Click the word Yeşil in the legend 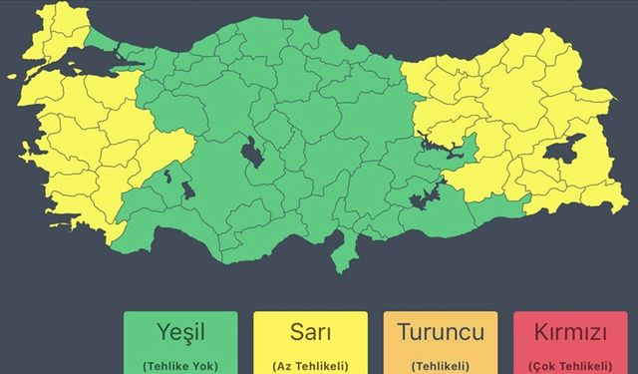coord(180,332)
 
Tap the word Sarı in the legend coord(310,332)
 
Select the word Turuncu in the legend coord(440,332)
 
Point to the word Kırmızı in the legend coord(571,332)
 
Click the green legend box coord(180,345)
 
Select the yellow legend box coord(310,345)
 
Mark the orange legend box coord(440,345)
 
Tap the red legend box coord(571,345)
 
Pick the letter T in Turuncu coord(404,332)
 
